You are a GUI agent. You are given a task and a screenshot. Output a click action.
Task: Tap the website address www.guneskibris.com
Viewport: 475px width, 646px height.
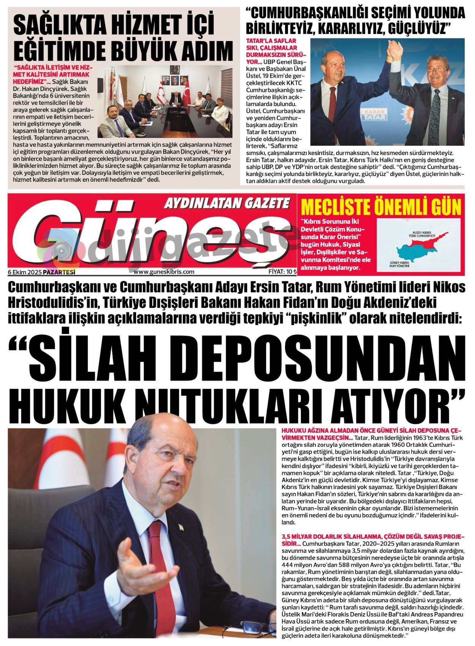click(164, 271)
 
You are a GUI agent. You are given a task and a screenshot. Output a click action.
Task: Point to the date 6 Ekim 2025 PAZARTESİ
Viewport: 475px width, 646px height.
click(41, 272)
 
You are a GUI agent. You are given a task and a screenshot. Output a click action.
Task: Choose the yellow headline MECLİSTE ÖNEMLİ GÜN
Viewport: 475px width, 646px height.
click(381, 207)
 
